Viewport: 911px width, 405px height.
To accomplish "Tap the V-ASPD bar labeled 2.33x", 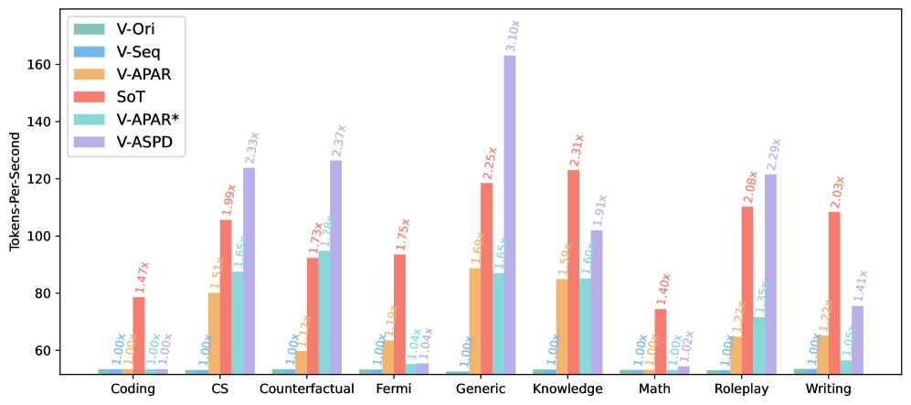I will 249,270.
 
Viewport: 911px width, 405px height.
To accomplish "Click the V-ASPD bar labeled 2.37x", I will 335,266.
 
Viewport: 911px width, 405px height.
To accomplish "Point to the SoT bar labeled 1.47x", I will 139,335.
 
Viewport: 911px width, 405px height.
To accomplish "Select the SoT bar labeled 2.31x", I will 573,271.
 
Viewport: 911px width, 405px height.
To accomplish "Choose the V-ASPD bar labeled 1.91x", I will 597,301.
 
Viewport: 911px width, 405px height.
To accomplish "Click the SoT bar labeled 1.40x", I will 660,340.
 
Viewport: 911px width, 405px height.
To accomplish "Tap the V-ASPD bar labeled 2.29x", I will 770,273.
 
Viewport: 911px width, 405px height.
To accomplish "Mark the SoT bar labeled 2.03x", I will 833,292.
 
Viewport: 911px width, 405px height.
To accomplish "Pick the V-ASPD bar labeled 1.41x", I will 857,339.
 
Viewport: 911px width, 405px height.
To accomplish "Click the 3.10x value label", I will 513,37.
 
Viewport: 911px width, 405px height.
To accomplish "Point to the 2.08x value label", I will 752,187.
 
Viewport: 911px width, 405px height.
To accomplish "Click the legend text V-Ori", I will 136,29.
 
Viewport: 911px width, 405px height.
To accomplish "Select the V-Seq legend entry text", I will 139,52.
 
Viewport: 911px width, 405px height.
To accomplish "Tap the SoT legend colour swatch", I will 89,97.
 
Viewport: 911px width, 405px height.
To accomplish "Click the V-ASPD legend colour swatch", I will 89,143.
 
